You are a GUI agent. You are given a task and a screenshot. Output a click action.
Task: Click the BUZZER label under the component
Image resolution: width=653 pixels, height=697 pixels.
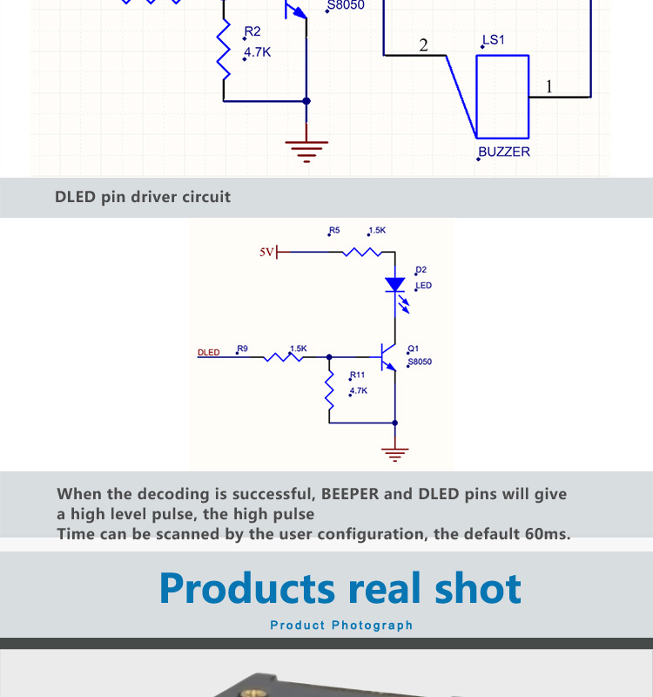coord(505,152)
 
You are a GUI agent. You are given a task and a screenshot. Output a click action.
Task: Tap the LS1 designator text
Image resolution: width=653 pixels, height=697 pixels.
coord(494,40)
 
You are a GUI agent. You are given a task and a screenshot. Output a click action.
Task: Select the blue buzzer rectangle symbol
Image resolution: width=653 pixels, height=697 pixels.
coord(502,97)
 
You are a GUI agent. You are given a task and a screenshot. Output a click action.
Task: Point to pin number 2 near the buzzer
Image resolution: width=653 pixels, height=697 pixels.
coord(423,45)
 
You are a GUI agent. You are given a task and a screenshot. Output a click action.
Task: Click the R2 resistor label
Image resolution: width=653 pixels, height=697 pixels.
coord(252,32)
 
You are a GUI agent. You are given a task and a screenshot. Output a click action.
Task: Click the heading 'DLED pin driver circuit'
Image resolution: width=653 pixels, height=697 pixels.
coord(143,197)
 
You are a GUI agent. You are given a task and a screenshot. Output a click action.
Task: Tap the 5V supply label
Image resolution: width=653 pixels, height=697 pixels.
coord(266,252)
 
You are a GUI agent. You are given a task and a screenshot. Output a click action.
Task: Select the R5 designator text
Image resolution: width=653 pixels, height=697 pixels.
coord(334,231)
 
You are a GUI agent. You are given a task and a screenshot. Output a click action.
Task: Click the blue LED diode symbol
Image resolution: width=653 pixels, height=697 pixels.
coord(395,285)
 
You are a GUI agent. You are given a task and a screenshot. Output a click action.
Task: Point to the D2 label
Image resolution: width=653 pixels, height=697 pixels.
coord(421,270)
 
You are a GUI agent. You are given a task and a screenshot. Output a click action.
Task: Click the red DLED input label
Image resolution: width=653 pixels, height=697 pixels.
coord(208,353)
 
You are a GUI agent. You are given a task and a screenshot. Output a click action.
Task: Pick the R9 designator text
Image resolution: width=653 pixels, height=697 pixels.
coord(242,348)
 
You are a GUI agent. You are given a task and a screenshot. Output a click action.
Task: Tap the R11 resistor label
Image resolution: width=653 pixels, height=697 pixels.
coord(357,375)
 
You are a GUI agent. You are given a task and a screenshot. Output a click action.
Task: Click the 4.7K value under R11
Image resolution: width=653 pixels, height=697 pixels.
coord(358,390)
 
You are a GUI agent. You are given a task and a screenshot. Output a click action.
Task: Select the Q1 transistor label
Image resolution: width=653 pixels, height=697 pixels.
coord(414,348)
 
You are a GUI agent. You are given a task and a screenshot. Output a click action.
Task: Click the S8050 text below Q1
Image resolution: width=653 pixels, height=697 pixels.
coord(420,362)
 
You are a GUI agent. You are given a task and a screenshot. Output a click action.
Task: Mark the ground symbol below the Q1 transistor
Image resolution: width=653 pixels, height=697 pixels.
coord(395,453)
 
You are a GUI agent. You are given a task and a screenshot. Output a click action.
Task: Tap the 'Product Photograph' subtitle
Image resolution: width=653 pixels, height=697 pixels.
coord(341,626)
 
